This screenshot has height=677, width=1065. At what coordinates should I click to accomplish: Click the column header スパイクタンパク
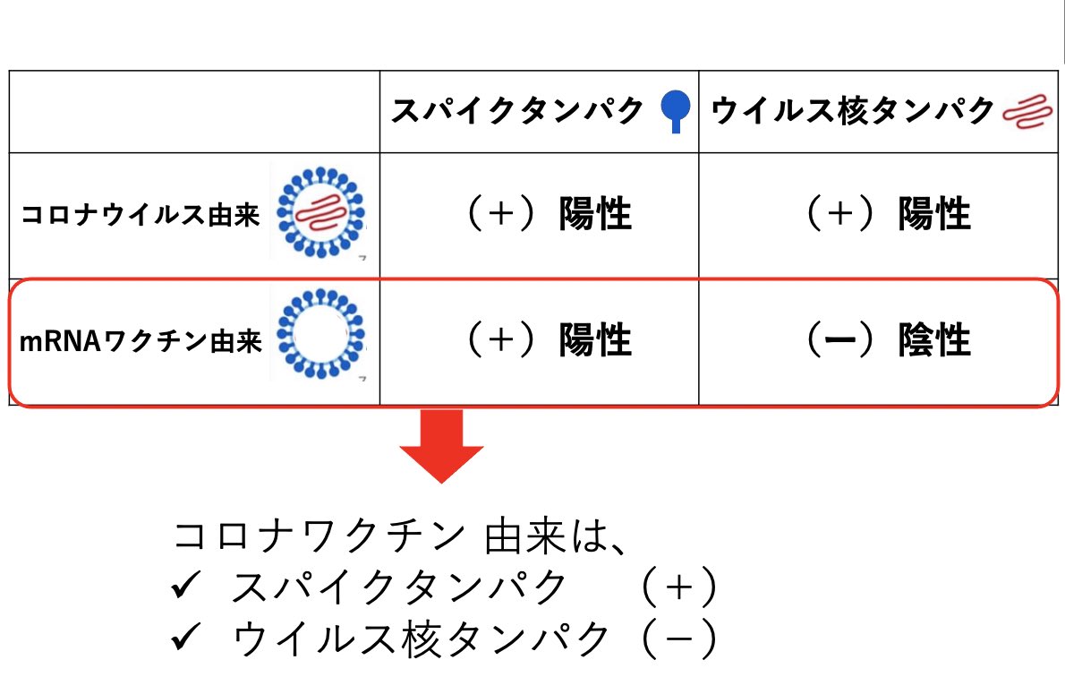click(x=517, y=111)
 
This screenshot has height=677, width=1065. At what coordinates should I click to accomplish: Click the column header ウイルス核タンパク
click(x=852, y=111)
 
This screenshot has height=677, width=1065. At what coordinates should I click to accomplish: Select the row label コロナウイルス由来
click(x=140, y=216)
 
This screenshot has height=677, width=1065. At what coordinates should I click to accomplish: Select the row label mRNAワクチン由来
click(x=141, y=342)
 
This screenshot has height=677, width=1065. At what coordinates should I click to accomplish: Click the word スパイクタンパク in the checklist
click(x=399, y=588)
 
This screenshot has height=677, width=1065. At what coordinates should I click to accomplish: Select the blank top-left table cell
click(x=194, y=111)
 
